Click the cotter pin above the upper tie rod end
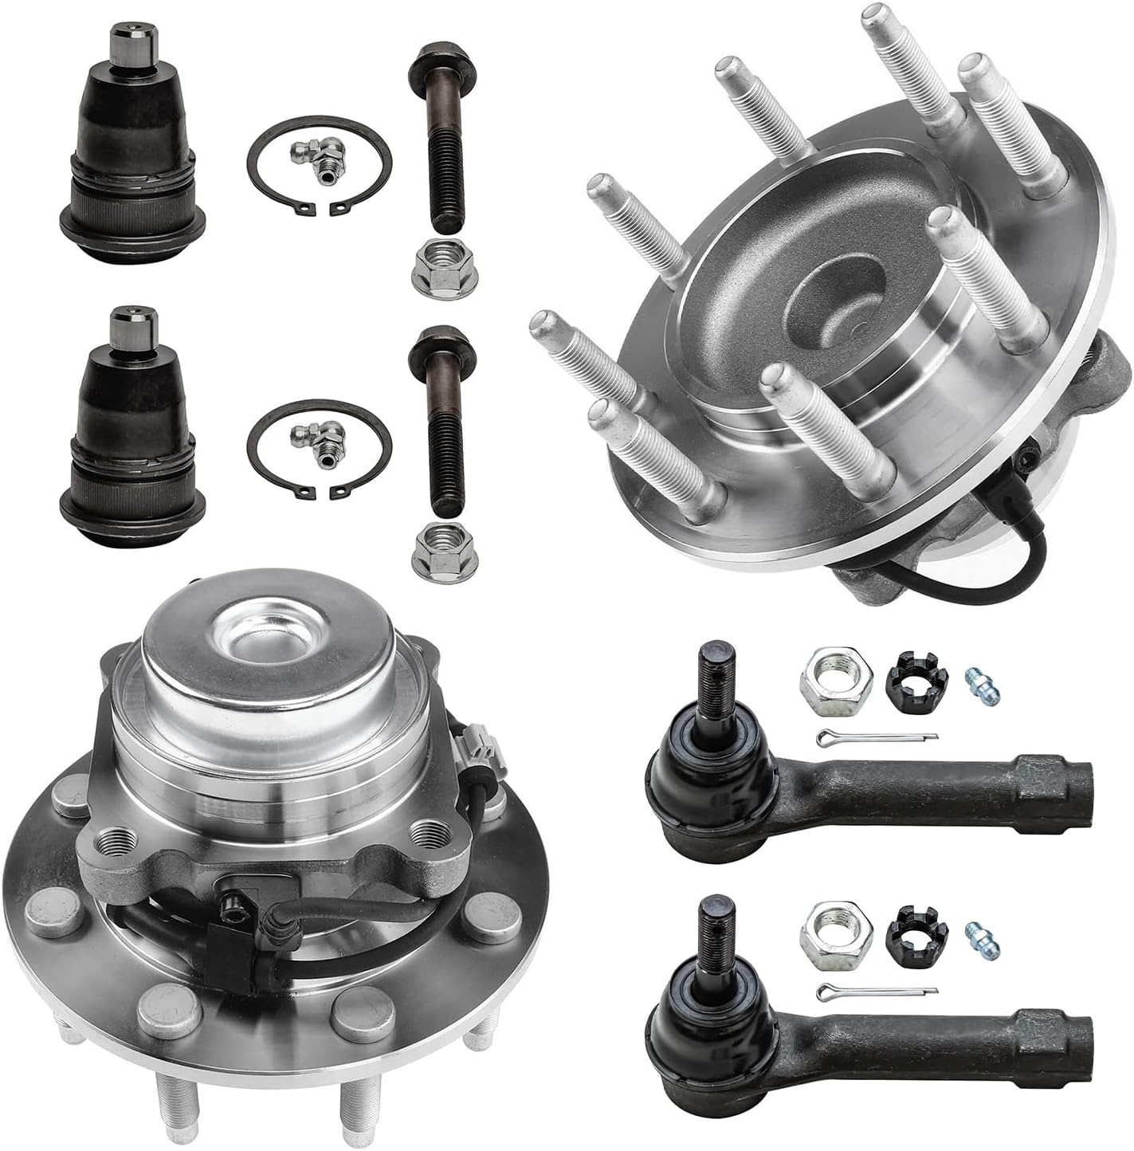click(877, 737)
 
